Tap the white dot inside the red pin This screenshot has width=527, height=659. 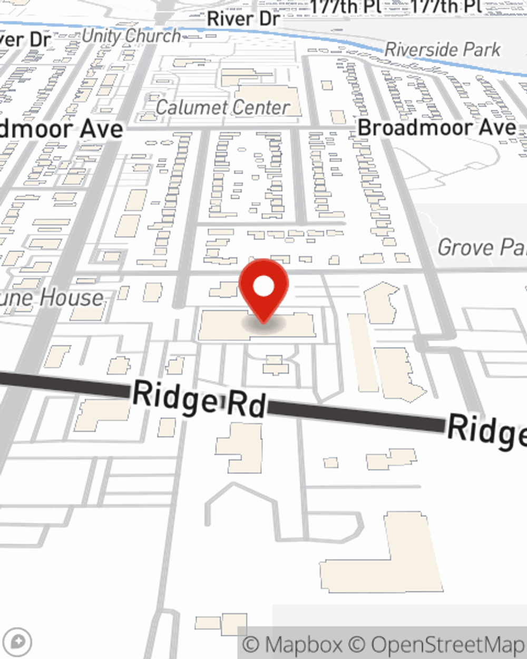[264, 286]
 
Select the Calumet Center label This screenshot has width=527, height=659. [222, 108]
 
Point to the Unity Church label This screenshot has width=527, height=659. [131, 36]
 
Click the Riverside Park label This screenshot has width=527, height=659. [443, 50]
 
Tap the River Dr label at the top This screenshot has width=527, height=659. [243, 18]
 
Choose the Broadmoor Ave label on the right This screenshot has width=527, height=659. [437, 128]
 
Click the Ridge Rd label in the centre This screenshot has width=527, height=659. [199, 400]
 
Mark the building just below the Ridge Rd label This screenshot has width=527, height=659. [240, 448]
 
